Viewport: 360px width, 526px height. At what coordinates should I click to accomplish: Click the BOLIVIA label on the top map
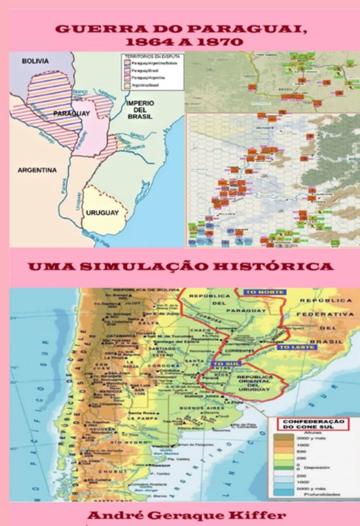coord(35,61)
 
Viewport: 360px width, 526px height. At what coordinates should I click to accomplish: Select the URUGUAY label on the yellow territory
coord(103,213)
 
